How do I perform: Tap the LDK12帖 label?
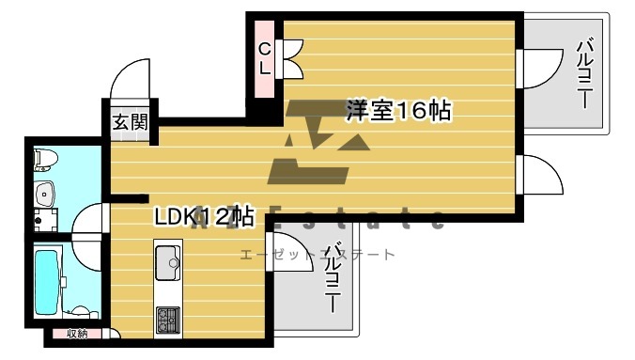point(205,217)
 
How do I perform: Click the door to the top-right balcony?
point(537,69)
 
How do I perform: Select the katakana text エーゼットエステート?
point(317,255)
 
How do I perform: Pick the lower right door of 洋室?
point(537,173)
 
